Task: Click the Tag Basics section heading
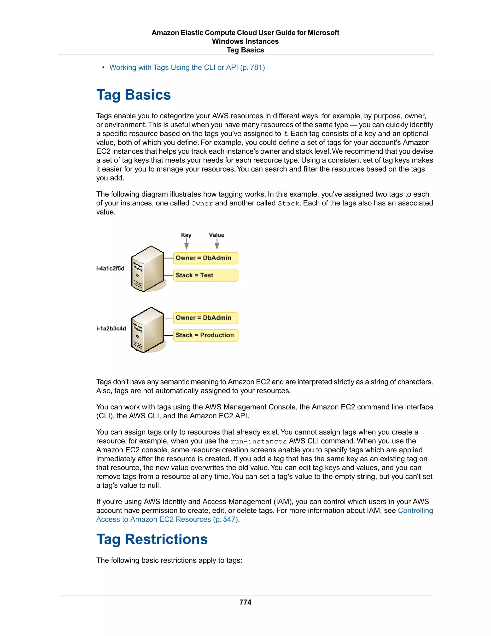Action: (x=134, y=95)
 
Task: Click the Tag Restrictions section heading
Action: (x=152, y=539)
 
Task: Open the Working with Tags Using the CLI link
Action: (x=187, y=68)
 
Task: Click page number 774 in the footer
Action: (x=245, y=602)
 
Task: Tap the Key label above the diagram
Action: (x=186, y=235)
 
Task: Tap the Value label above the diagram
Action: (x=216, y=235)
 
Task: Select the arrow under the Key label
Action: (x=187, y=244)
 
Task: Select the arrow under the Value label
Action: (x=217, y=244)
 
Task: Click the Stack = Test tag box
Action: (x=205, y=276)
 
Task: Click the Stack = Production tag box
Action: (x=205, y=335)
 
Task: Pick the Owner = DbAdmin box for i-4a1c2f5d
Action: (x=205, y=258)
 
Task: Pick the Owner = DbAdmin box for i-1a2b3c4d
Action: (x=205, y=318)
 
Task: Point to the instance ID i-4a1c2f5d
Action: (x=110, y=269)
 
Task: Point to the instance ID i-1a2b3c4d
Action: (x=111, y=329)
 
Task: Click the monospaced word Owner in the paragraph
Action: (x=202, y=204)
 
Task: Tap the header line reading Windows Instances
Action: (x=245, y=41)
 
